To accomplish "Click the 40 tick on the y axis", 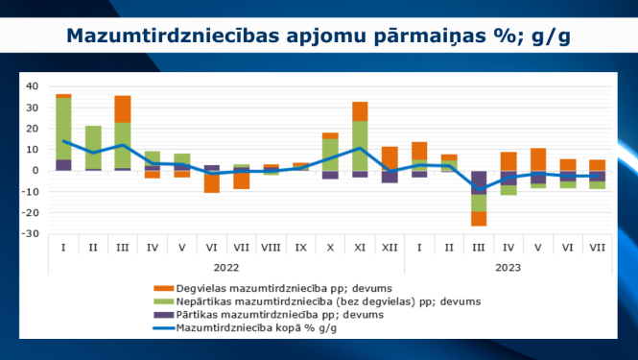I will click(32, 86).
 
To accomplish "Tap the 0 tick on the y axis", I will click(35, 171).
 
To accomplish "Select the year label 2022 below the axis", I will click(226, 268).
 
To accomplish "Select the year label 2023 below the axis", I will click(508, 268).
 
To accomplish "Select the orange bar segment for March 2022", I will click(123, 108).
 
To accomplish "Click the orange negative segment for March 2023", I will click(479, 218).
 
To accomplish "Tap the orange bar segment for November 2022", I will click(360, 110).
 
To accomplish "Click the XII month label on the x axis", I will click(390, 247).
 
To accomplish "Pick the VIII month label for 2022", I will click(271, 247).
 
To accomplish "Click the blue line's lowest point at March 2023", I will click(479, 190).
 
